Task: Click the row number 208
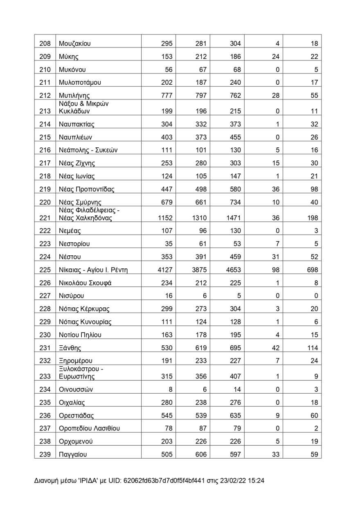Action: pyautogui.click(x=45, y=44)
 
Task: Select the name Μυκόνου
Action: pyautogui.click(x=72, y=70)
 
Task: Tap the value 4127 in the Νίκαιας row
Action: pyautogui.click(x=165, y=270)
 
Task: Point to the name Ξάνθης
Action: pyautogui.click(x=70, y=348)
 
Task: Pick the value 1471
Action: pyautogui.click(x=233, y=218)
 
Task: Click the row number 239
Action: pyautogui.click(x=45, y=454)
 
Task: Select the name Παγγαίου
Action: pyautogui.click(x=73, y=454)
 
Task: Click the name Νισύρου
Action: pyautogui.click(x=72, y=296)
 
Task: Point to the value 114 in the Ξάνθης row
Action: pyautogui.click(x=313, y=348)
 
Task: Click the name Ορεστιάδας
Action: pyautogui.click(x=76, y=416)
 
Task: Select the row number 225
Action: pyautogui.click(x=45, y=270)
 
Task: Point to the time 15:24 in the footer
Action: pyautogui.click(x=256, y=481)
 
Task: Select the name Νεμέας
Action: pyautogui.click(x=70, y=231)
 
